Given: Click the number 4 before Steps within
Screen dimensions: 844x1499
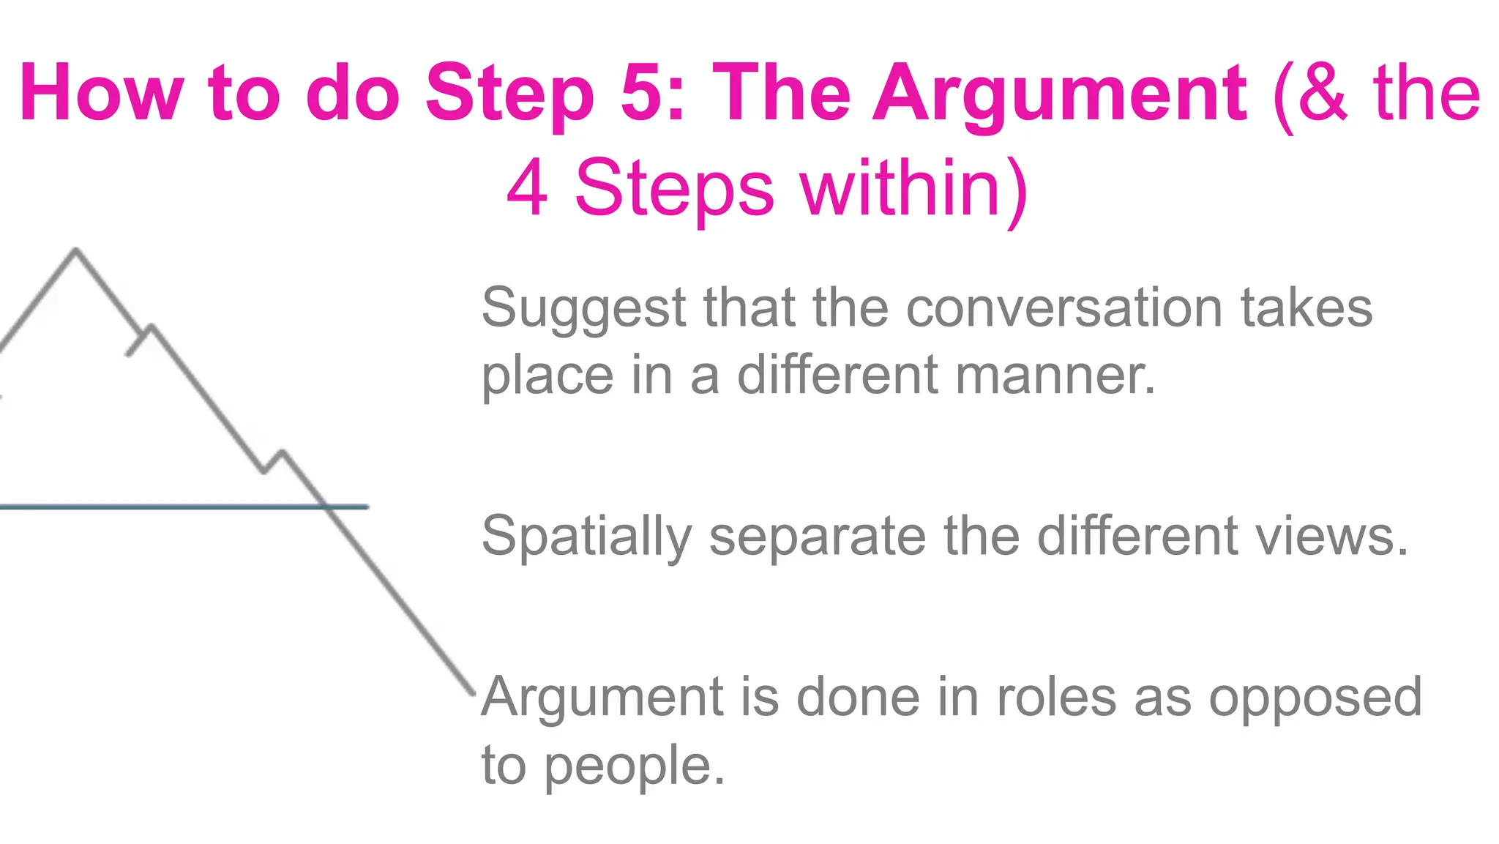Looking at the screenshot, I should click(527, 188).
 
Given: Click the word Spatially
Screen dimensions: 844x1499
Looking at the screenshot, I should click(586, 537).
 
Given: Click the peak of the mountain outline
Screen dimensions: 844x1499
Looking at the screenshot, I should click(76, 250).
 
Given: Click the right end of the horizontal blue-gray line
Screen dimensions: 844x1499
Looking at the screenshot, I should click(367, 506).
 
